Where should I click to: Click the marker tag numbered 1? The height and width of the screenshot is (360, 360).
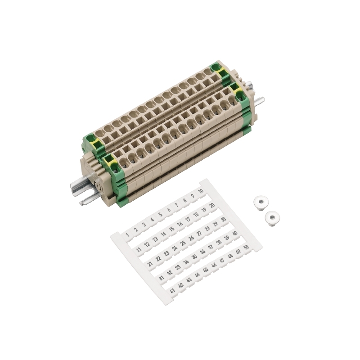(128, 235)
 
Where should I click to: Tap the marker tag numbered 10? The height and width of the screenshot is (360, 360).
(201, 191)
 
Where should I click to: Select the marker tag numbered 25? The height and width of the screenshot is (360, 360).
(183, 243)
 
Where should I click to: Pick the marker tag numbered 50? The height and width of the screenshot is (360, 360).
(246, 247)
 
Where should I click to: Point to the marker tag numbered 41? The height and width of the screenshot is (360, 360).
(172, 291)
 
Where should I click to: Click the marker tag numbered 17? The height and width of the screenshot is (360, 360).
(188, 219)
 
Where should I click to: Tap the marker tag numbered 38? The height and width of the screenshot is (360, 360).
(219, 243)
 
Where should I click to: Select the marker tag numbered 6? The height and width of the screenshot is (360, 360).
(169, 210)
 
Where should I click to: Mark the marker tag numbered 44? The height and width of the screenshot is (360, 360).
(197, 275)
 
